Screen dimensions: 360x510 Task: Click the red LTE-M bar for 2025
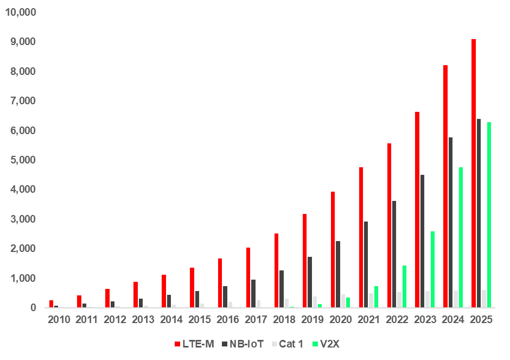pyautogui.click(x=474, y=173)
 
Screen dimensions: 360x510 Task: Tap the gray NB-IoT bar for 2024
pyautogui.click(x=450, y=223)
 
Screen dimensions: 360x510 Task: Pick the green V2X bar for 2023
pyautogui.click(x=432, y=269)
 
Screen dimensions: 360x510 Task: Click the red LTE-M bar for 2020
pyautogui.click(x=333, y=250)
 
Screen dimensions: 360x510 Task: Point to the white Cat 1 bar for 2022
pyautogui.click(x=399, y=300)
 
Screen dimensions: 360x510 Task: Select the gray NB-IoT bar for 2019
pyautogui.click(x=310, y=282)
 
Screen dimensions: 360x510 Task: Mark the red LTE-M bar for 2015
pyautogui.click(x=192, y=288)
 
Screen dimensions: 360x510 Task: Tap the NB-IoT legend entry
pyautogui.click(x=243, y=344)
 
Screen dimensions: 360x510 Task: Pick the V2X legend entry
pyautogui.click(x=329, y=344)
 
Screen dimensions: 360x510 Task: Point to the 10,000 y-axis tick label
pyautogui.click(x=20, y=12)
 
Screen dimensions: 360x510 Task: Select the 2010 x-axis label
pyautogui.click(x=59, y=319)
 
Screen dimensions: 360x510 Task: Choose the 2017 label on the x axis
pyautogui.click(x=256, y=319)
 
